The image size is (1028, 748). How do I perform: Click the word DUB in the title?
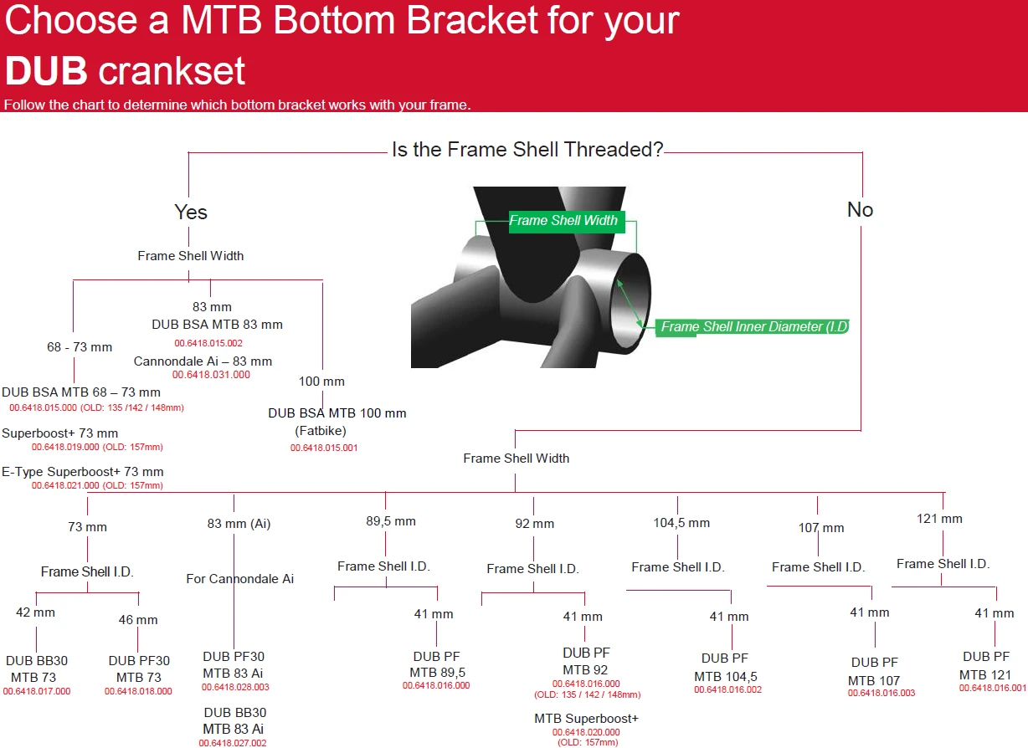point(46,70)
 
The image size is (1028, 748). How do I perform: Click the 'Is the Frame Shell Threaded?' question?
point(527,150)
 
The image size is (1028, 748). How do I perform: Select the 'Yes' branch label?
point(191,212)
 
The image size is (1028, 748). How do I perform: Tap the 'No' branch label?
point(860,209)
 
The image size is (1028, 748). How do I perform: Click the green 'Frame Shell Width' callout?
point(566,221)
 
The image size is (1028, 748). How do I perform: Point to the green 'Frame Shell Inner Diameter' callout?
point(753,326)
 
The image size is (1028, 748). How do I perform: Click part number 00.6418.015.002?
point(208,343)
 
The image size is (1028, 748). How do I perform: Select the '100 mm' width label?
point(321,381)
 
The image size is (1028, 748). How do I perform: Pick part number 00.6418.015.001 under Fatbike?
point(323,448)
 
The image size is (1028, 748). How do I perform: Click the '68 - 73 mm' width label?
point(80,346)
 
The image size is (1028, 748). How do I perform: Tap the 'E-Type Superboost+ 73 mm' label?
point(83,471)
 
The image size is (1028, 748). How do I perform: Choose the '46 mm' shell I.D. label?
point(138,620)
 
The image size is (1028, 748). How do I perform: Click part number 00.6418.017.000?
point(37,691)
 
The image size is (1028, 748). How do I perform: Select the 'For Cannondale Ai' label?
point(239,579)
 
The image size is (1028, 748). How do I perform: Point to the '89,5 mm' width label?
point(391,521)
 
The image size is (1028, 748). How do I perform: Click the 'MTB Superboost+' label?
point(586,718)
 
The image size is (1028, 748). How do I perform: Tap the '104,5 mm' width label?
point(681,523)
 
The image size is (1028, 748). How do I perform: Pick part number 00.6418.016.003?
point(882,693)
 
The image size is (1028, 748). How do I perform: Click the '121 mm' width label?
point(939,519)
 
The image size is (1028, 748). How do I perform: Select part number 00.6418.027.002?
point(233,743)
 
